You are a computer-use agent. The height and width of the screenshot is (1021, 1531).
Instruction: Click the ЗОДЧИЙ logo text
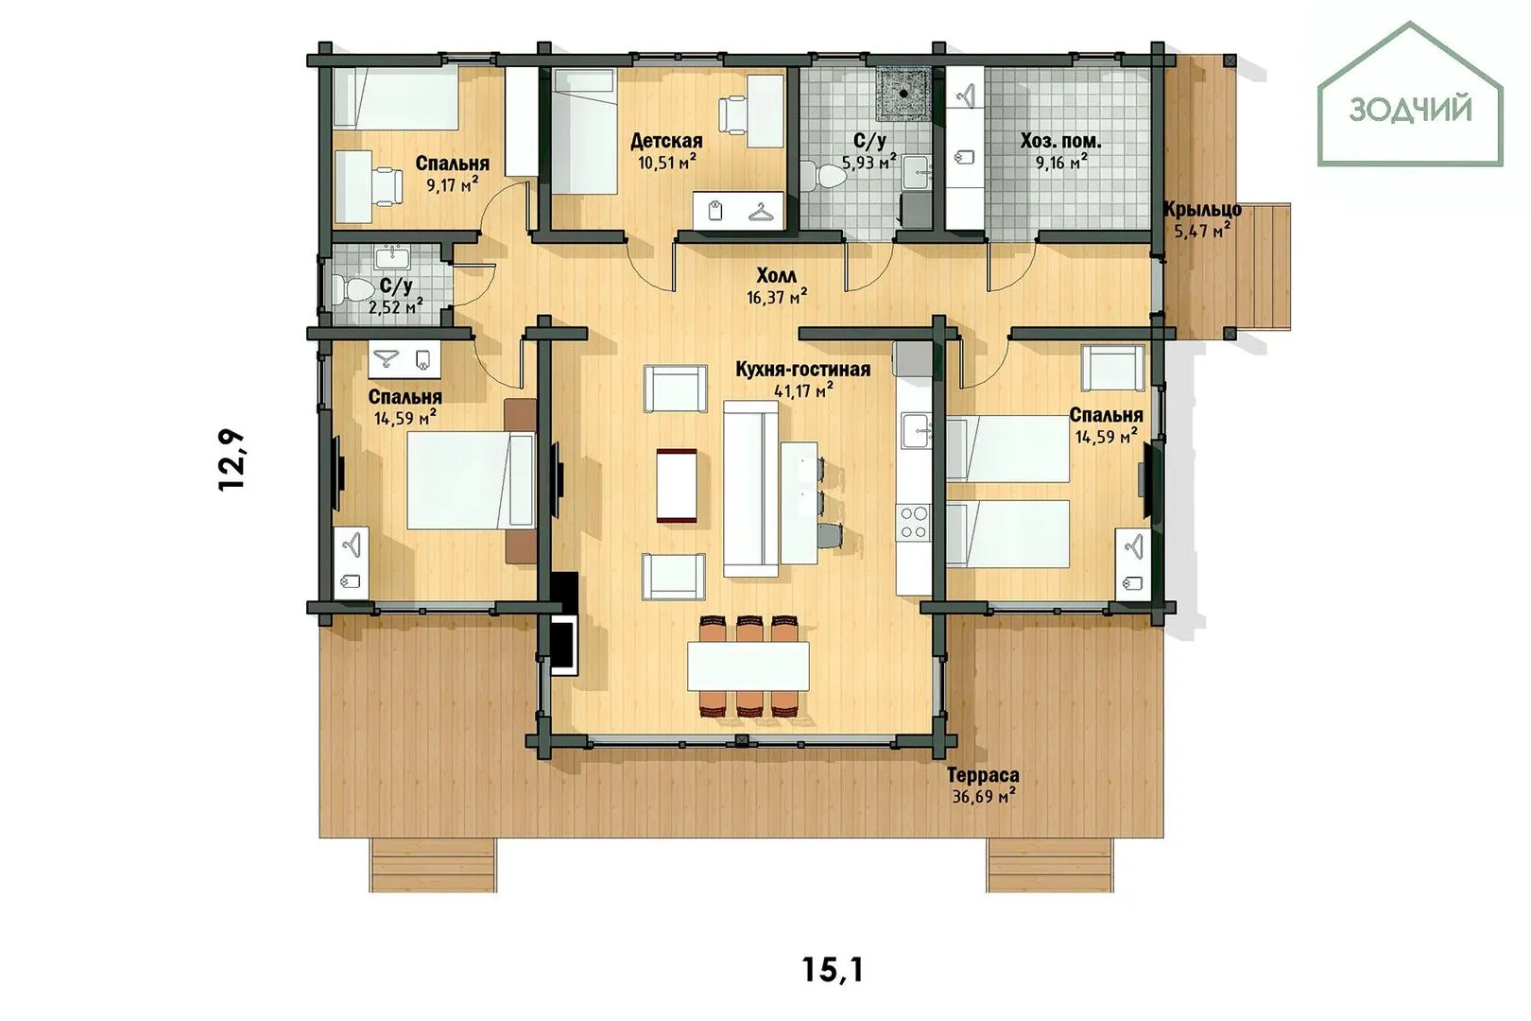coord(1410,110)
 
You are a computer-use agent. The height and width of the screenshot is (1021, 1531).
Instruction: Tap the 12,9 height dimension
coord(232,459)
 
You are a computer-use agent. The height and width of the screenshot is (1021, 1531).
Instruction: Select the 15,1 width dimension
coord(832,969)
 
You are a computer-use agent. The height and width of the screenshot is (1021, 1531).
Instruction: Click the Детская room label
coord(665,141)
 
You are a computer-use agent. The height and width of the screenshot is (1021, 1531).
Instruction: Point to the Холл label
coord(777,276)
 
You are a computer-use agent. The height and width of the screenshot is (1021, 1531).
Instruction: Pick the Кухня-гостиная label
coord(803,370)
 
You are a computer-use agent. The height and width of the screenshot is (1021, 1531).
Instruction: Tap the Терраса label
coord(983,775)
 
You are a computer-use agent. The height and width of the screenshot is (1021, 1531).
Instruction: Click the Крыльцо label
coord(1202,209)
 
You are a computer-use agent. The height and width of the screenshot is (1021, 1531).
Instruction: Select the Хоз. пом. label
coord(1060,141)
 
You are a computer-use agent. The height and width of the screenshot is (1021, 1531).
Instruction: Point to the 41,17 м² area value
coord(803,390)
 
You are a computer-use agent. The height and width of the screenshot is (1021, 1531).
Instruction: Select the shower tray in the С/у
coord(903,94)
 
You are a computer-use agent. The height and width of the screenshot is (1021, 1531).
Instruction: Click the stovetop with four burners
coord(914,523)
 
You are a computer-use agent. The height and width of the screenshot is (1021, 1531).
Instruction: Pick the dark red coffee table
coord(677,486)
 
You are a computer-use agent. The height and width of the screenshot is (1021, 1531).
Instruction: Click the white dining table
coord(748,666)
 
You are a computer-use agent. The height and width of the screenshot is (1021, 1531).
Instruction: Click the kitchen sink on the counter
coord(915,431)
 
